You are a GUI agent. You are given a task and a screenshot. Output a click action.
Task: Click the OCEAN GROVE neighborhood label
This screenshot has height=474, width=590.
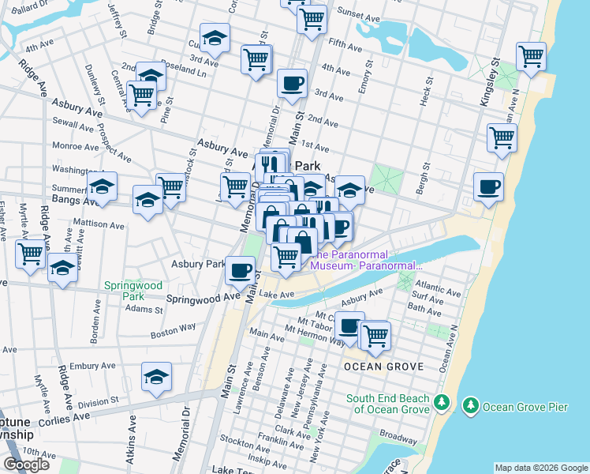tap(384, 367)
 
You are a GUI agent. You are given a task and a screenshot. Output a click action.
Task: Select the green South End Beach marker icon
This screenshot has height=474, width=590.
tap(441, 404)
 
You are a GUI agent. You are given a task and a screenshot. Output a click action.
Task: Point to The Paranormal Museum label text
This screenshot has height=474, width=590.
tap(367, 260)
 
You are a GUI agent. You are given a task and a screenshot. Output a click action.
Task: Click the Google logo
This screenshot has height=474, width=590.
tap(26, 465)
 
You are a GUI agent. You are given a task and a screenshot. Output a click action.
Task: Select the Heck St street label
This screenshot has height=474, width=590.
tap(427, 92)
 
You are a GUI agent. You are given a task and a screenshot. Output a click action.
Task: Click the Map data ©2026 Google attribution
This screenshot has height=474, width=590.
tap(540, 468)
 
